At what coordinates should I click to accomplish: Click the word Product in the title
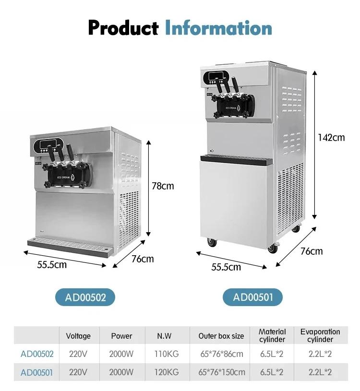(123, 28)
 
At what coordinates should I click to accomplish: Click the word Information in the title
(218, 28)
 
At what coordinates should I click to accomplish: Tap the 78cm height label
(163, 186)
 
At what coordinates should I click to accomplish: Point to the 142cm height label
(331, 137)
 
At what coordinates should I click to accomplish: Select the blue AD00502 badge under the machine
(85, 297)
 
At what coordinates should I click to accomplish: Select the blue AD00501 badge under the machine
(252, 297)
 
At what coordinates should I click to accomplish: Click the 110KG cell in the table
(167, 354)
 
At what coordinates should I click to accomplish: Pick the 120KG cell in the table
(167, 372)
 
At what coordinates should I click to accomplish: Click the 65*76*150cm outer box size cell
(222, 372)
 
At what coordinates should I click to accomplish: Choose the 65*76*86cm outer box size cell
(222, 354)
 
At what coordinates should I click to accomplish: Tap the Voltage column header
(78, 336)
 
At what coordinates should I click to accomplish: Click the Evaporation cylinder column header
(320, 335)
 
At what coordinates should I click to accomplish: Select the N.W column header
(164, 336)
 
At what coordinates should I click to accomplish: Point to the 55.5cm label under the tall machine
(226, 267)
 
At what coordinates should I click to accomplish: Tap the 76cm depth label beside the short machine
(143, 259)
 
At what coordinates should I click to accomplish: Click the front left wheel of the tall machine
(212, 242)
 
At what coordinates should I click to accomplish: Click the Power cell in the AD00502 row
(121, 354)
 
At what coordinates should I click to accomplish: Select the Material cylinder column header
(272, 335)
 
